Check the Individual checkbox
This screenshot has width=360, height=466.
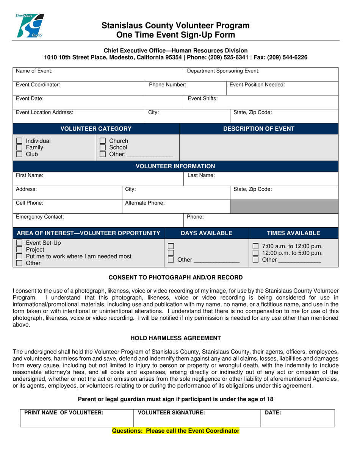click(19, 141)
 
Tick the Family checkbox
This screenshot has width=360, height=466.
click(19, 148)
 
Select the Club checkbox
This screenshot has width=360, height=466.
click(19, 154)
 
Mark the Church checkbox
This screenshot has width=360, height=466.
click(102, 141)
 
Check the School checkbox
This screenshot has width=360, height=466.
click(102, 148)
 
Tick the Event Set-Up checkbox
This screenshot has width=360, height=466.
click(19, 243)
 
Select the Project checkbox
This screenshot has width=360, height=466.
click(19, 250)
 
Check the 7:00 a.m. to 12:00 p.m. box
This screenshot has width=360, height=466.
click(256, 247)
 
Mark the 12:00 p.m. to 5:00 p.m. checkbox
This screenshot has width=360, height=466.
click(256, 253)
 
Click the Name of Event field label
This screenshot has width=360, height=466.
click(34, 70)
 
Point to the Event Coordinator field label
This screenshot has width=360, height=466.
click(38, 85)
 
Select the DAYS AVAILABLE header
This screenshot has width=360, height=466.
click(207, 233)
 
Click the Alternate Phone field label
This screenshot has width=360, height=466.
click(145, 203)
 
